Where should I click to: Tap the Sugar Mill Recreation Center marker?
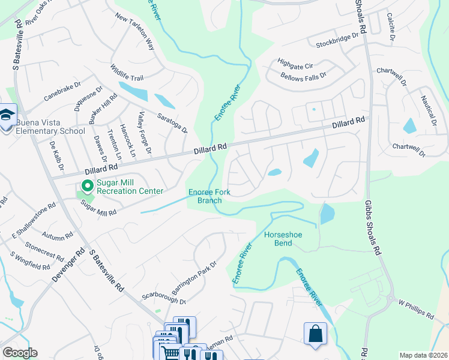(87, 187)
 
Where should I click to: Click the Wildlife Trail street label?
(127, 74)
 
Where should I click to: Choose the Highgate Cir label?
(296, 62)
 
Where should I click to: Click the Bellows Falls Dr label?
(303, 76)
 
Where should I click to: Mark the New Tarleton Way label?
(134, 32)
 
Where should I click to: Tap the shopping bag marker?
(315, 333)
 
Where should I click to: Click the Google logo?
(20, 353)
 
